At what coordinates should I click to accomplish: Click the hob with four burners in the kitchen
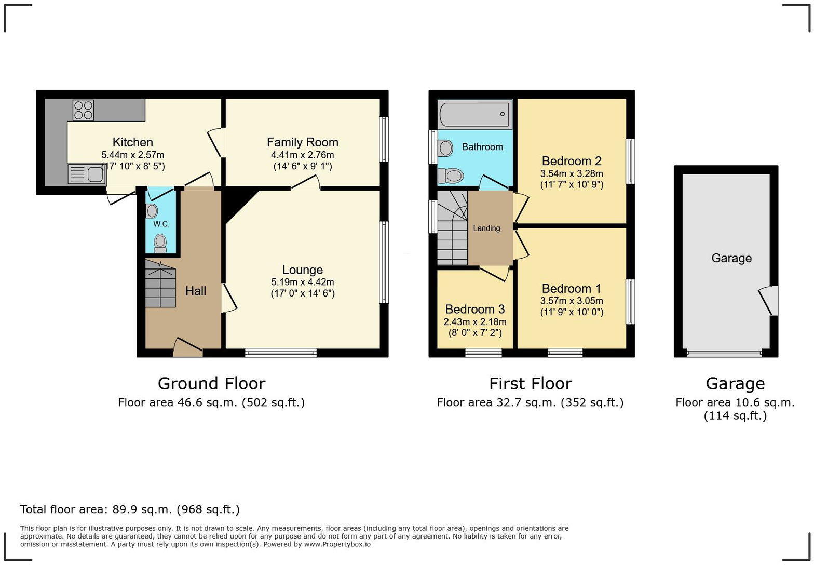click(83, 110)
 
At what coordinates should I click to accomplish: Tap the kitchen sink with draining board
click(87, 174)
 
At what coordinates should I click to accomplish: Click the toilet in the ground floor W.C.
click(160, 241)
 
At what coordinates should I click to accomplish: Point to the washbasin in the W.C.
click(152, 210)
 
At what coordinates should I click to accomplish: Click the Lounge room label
click(302, 270)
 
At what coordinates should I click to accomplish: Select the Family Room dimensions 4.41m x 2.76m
click(302, 155)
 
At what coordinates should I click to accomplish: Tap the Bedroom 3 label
click(474, 309)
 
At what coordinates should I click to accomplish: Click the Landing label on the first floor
click(486, 228)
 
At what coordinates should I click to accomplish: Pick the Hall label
click(196, 291)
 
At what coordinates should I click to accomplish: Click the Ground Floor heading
click(211, 383)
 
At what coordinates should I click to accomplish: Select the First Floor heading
click(530, 383)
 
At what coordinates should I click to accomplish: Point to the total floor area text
click(130, 509)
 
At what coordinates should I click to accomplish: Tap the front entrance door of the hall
click(187, 347)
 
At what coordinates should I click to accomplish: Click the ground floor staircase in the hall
click(160, 284)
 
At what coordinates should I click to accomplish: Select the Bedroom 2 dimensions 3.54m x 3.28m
click(572, 173)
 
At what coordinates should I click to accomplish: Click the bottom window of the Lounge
click(280, 353)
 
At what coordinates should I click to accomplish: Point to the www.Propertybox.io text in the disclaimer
click(337, 544)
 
